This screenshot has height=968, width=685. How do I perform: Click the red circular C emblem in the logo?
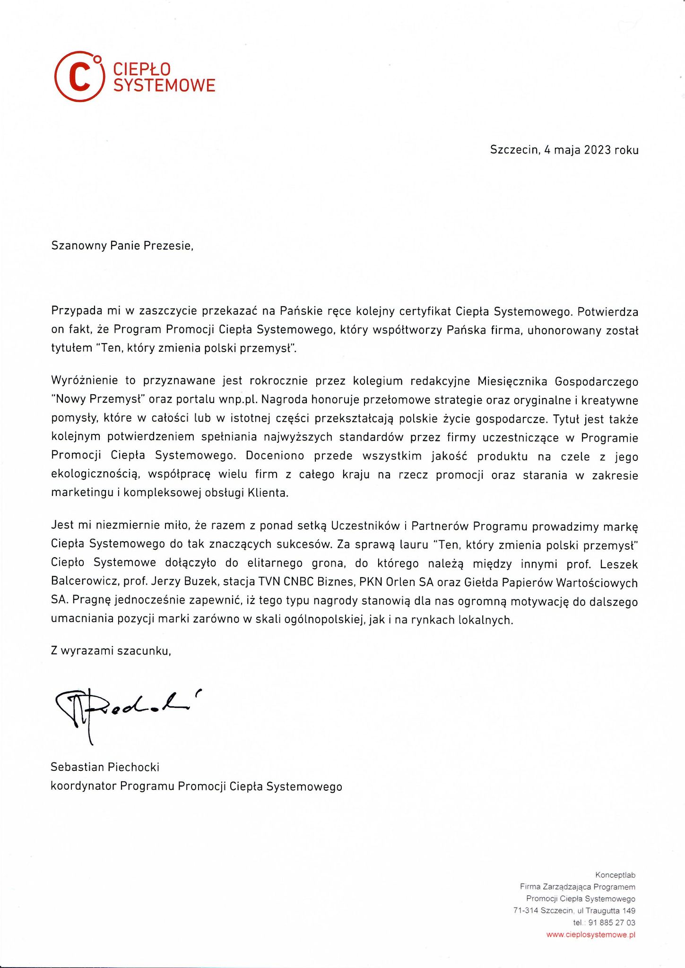pyautogui.click(x=79, y=77)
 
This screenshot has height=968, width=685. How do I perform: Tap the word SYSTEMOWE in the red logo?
pyautogui.click(x=164, y=85)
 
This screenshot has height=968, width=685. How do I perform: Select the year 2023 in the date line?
pyautogui.click(x=597, y=150)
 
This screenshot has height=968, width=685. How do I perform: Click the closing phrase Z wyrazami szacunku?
pyautogui.click(x=111, y=651)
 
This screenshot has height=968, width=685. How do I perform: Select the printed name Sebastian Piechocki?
pyautogui.click(x=105, y=767)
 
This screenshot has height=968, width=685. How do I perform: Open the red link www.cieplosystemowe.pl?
pyautogui.click(x=590, y=934)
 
